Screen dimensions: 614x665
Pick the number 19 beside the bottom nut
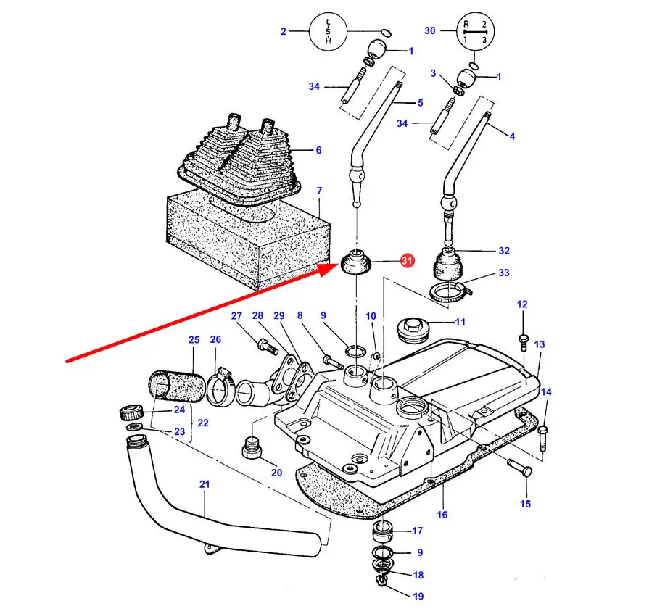point(418,597)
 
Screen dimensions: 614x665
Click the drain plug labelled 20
point(251,449)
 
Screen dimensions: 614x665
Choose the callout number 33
point(503,273)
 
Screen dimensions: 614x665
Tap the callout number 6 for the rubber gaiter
point(317,150)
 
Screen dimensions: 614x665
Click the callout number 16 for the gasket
point(442,515)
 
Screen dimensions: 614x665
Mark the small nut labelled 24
point(129,415)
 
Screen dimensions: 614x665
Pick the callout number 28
point(257,316)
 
